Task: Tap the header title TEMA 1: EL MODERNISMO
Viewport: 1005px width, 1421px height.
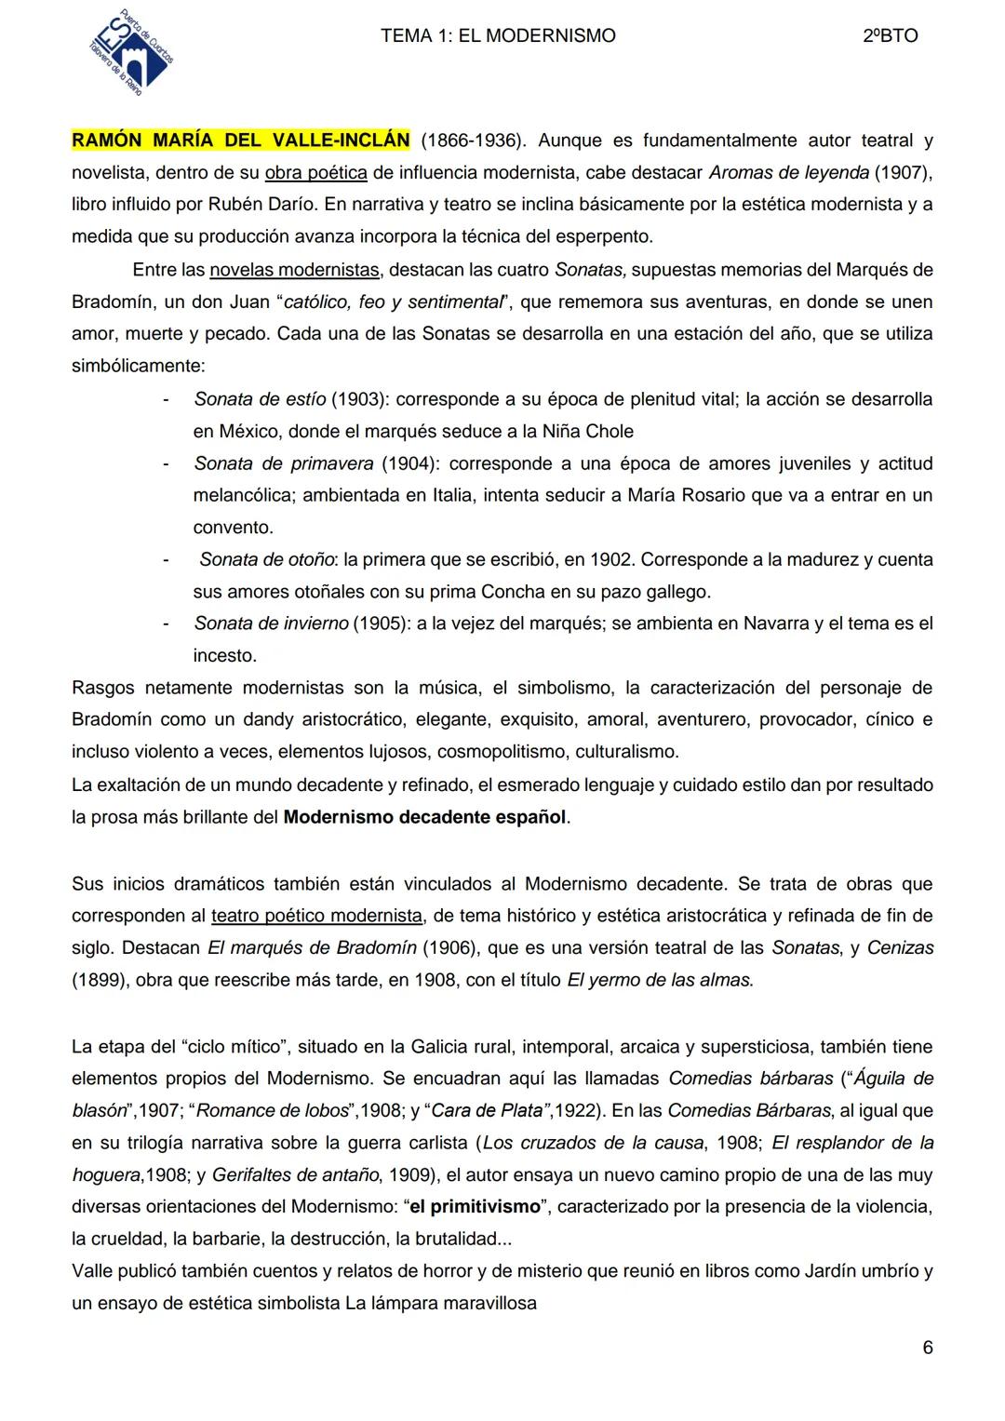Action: (x=498, y=36)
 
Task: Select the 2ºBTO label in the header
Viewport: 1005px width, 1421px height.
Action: (x=890, y=36)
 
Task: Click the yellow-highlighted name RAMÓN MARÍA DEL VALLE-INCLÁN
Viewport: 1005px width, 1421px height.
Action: (x=240, y=141)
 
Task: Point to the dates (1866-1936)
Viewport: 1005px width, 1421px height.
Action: (x=473, y=141)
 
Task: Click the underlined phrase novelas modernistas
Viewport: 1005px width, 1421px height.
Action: (x=294, y=270)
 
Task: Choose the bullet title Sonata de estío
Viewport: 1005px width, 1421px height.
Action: (x=260, y=399)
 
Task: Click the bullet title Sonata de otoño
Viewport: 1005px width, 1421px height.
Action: (x=267, y=559)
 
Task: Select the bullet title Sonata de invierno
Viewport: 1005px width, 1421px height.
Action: (x=271, y=623)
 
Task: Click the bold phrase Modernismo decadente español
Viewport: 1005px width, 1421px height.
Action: (x=424, y=817)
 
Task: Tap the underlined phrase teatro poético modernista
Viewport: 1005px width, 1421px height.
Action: (x=316, y=916)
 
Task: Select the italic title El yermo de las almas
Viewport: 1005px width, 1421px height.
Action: (x=660, y=980)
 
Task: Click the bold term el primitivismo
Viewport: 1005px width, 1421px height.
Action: (x=475, y=1207)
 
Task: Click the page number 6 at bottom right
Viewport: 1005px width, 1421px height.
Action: (x=927, y=1347)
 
